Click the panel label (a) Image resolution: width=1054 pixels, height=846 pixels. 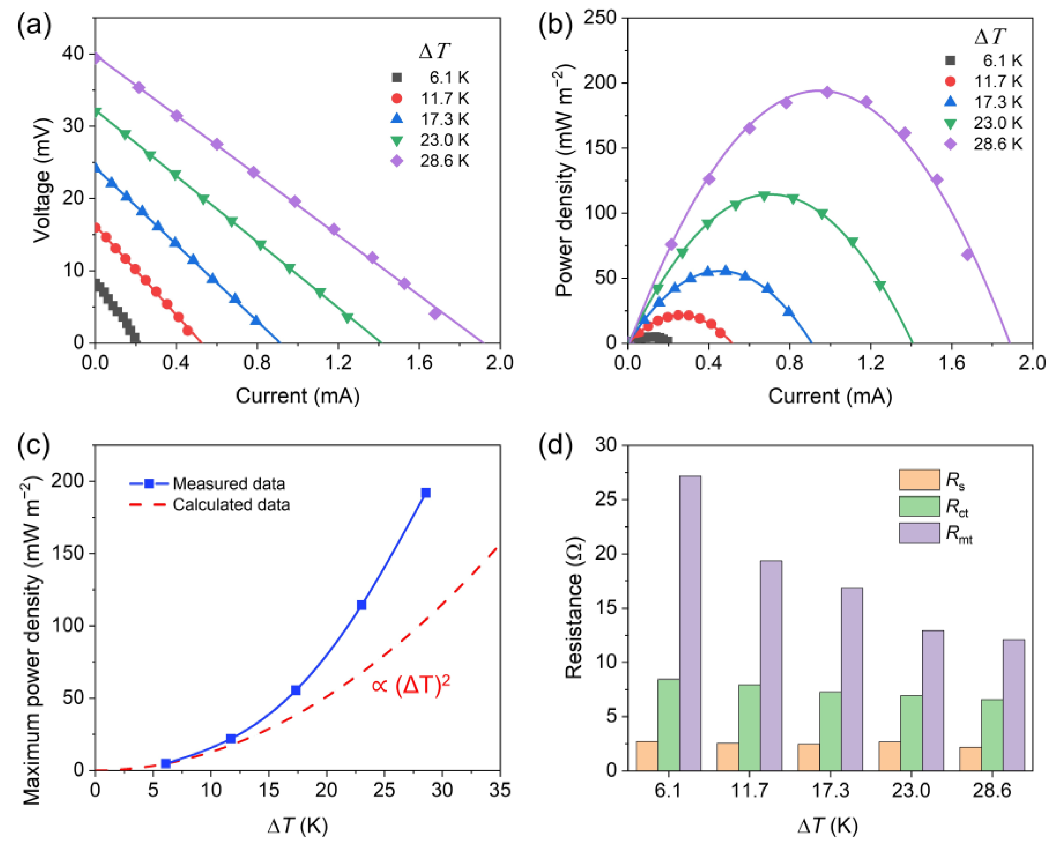pos(34,25)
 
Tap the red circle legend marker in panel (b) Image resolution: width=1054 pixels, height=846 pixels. pos(950,81)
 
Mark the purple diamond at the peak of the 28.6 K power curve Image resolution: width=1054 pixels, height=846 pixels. pos(827,92)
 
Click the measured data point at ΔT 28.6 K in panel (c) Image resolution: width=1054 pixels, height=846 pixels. pos(425,493)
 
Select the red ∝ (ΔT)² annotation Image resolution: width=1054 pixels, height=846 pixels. pos(410,685)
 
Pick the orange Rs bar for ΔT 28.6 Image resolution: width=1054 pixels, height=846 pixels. pos(970,759)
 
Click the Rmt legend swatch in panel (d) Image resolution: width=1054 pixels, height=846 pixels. pos(919,533)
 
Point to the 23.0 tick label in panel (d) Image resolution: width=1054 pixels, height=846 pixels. pos(910,791)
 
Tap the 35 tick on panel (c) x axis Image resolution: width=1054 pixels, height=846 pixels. pos(499,790)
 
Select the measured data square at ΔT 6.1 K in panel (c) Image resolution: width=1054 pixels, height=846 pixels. pos(166,763)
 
